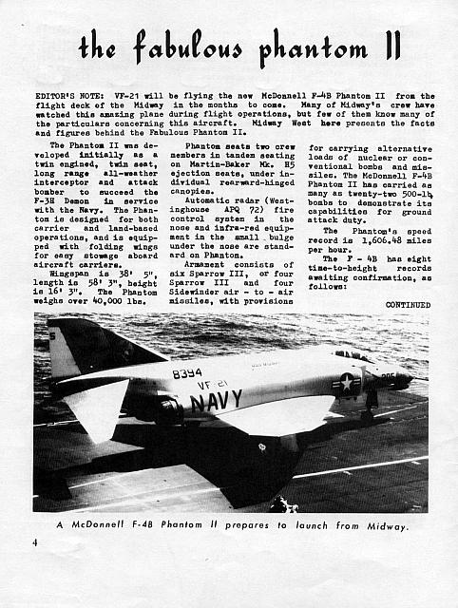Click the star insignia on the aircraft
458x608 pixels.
347,382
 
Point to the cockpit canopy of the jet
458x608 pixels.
356,356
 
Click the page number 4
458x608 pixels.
33,542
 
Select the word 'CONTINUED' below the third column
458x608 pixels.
407,305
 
